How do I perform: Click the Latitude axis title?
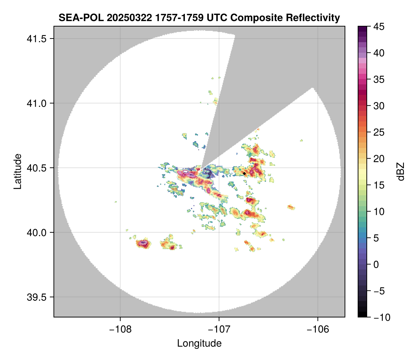17,171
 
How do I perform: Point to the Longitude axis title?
199,343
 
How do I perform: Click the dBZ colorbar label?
401,172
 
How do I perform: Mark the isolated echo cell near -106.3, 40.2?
290,207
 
